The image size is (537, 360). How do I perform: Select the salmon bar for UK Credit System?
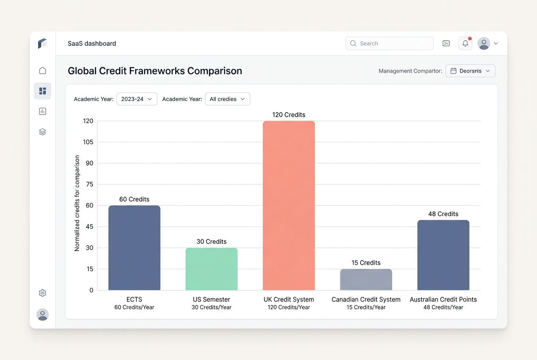[x=289, y=205]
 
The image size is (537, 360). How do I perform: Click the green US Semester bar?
[x=212, y=269]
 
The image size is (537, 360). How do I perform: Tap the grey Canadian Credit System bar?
[x=366, y=279]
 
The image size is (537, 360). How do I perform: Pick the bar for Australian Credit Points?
[x=443, y=255]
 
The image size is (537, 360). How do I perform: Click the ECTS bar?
[x=134, y=248]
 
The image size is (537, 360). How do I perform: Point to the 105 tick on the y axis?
[x=88, y=142]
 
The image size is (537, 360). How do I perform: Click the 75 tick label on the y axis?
[x=89, y=184]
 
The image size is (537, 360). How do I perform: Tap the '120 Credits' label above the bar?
[x=289, y=115]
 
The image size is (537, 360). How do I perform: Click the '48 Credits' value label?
[x=443, y=214]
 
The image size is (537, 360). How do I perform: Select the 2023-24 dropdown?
[x=137, y=99]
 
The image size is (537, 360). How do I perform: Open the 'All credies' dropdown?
[x=227, y=99]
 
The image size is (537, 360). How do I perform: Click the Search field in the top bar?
[x=389, y=43]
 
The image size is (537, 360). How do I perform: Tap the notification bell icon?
[x=465, y=43]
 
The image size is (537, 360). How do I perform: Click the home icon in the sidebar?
[x=42, y=70]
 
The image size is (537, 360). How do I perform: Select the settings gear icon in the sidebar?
[x=42, y=293]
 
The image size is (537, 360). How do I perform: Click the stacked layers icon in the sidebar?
[x=42, y=132]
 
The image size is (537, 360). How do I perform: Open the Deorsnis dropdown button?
[x=470, y=71]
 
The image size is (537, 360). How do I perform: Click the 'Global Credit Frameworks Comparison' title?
[x=155, y=71]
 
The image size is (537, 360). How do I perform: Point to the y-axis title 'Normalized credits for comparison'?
[x=77, y=203]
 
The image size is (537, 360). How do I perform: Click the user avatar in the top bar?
[x=484, y=43]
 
